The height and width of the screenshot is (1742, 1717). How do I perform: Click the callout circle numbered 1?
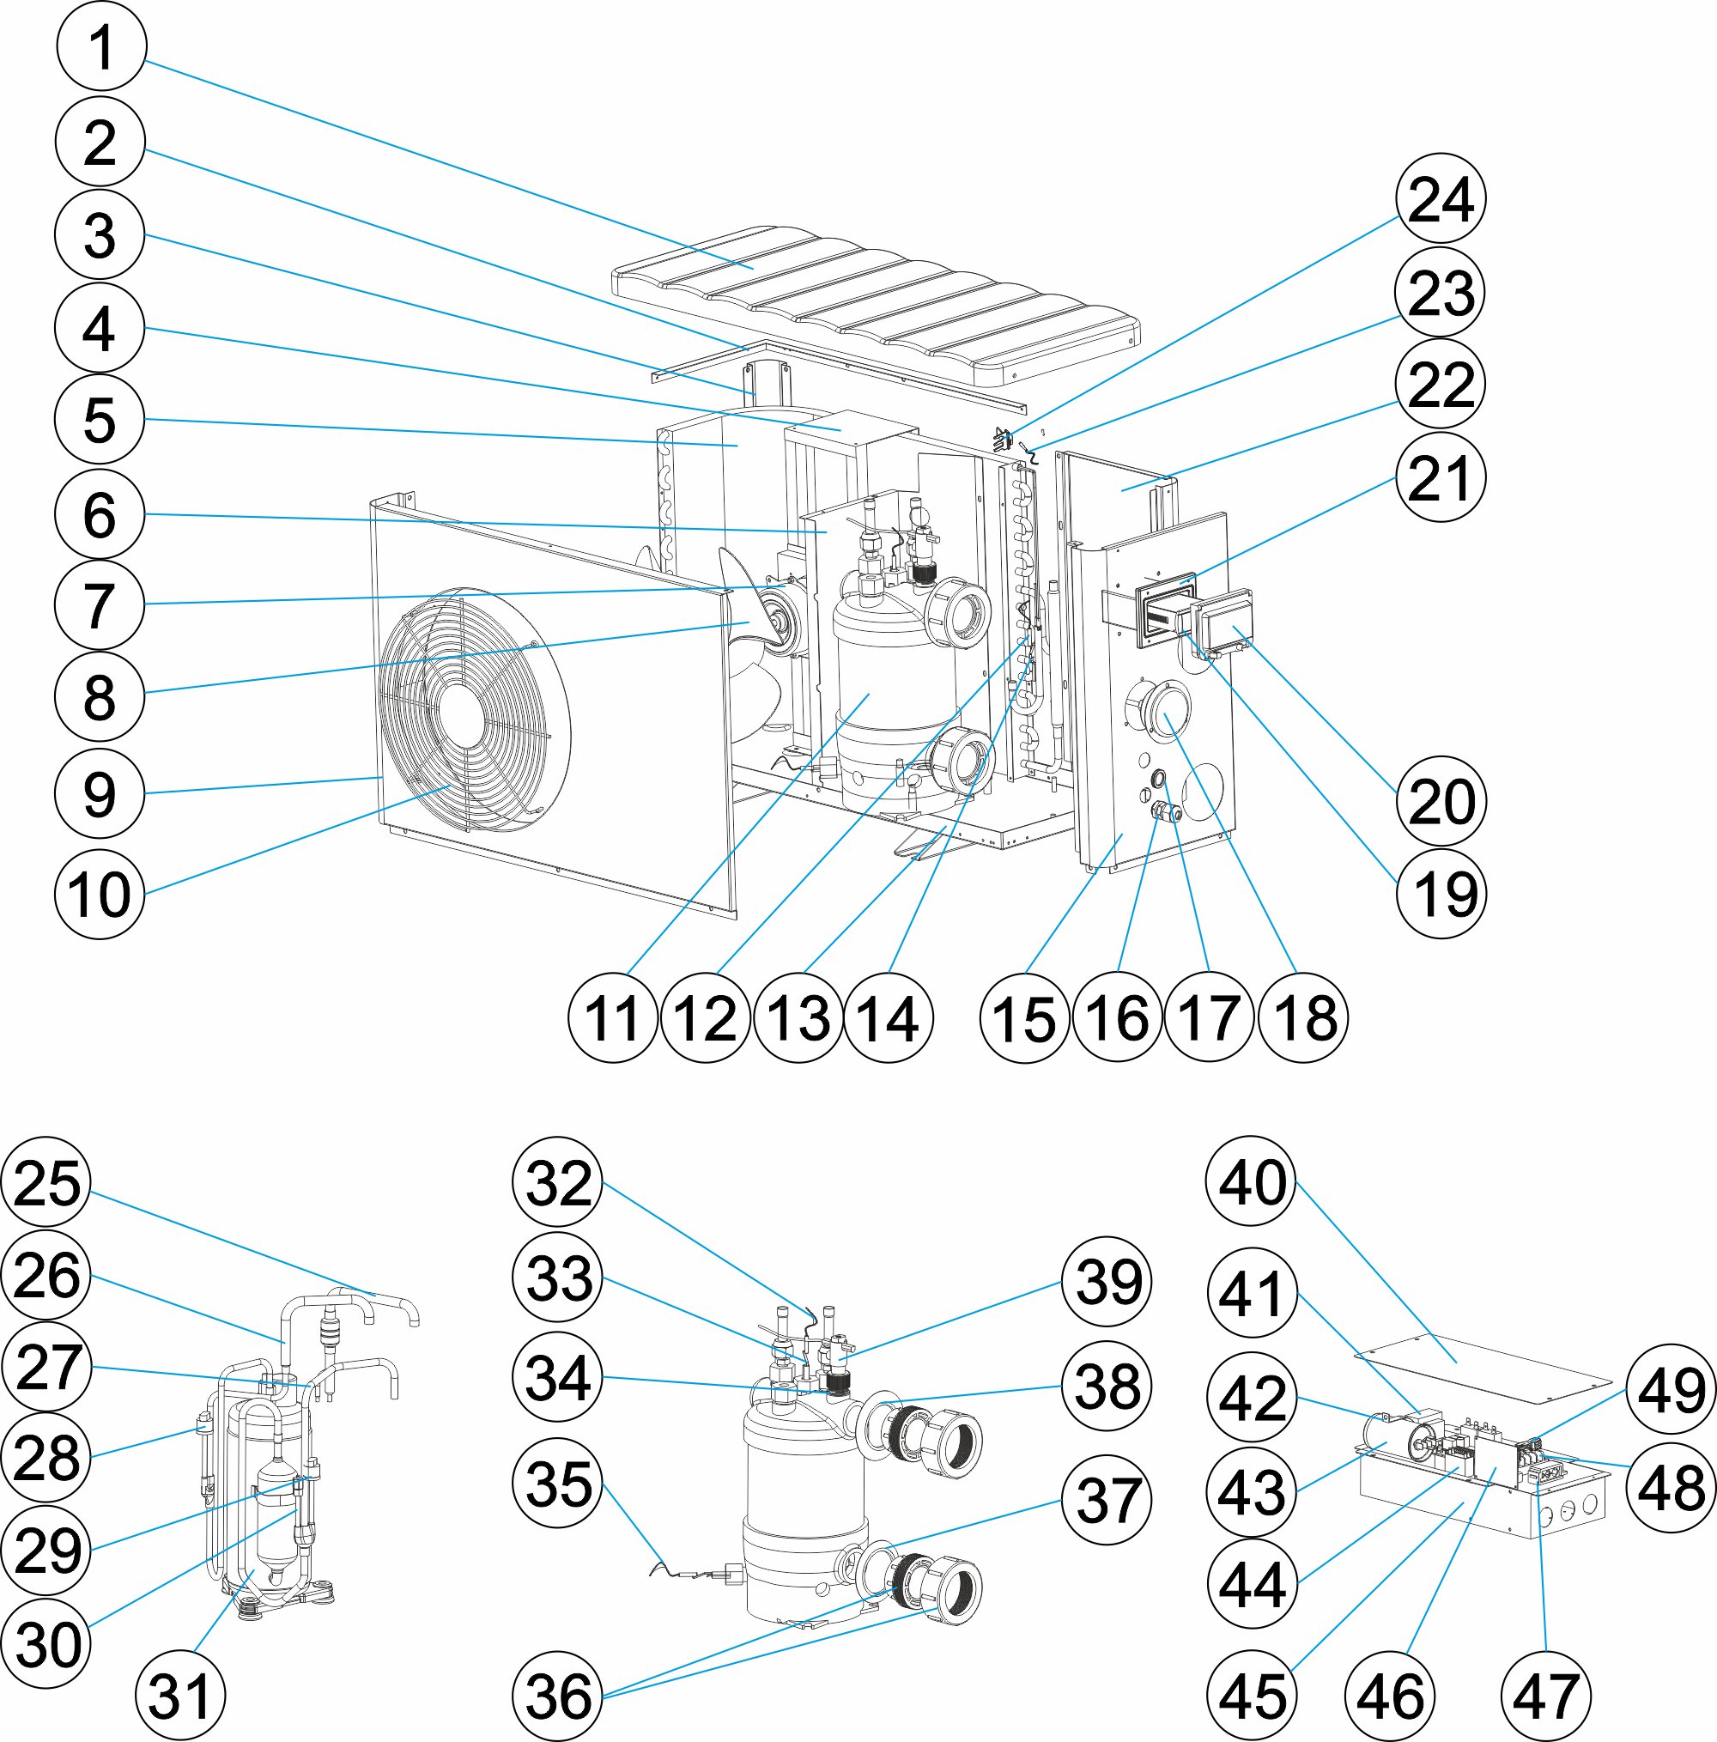101,46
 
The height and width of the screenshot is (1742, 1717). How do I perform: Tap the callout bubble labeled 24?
1441,198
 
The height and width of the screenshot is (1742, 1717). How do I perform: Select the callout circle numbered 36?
557,1696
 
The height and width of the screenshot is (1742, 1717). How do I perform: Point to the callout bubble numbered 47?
1545,1696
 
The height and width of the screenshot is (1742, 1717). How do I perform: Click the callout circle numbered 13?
798,1018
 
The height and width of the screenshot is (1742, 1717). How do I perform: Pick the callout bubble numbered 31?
179,1696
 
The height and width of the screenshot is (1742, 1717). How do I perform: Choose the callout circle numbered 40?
1251,1181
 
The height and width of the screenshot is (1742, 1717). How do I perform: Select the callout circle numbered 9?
100,793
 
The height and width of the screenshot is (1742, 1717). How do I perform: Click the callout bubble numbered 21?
1441,477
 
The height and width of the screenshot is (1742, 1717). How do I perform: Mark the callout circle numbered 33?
557,1278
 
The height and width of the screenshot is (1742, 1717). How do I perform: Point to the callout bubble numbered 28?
47,1457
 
